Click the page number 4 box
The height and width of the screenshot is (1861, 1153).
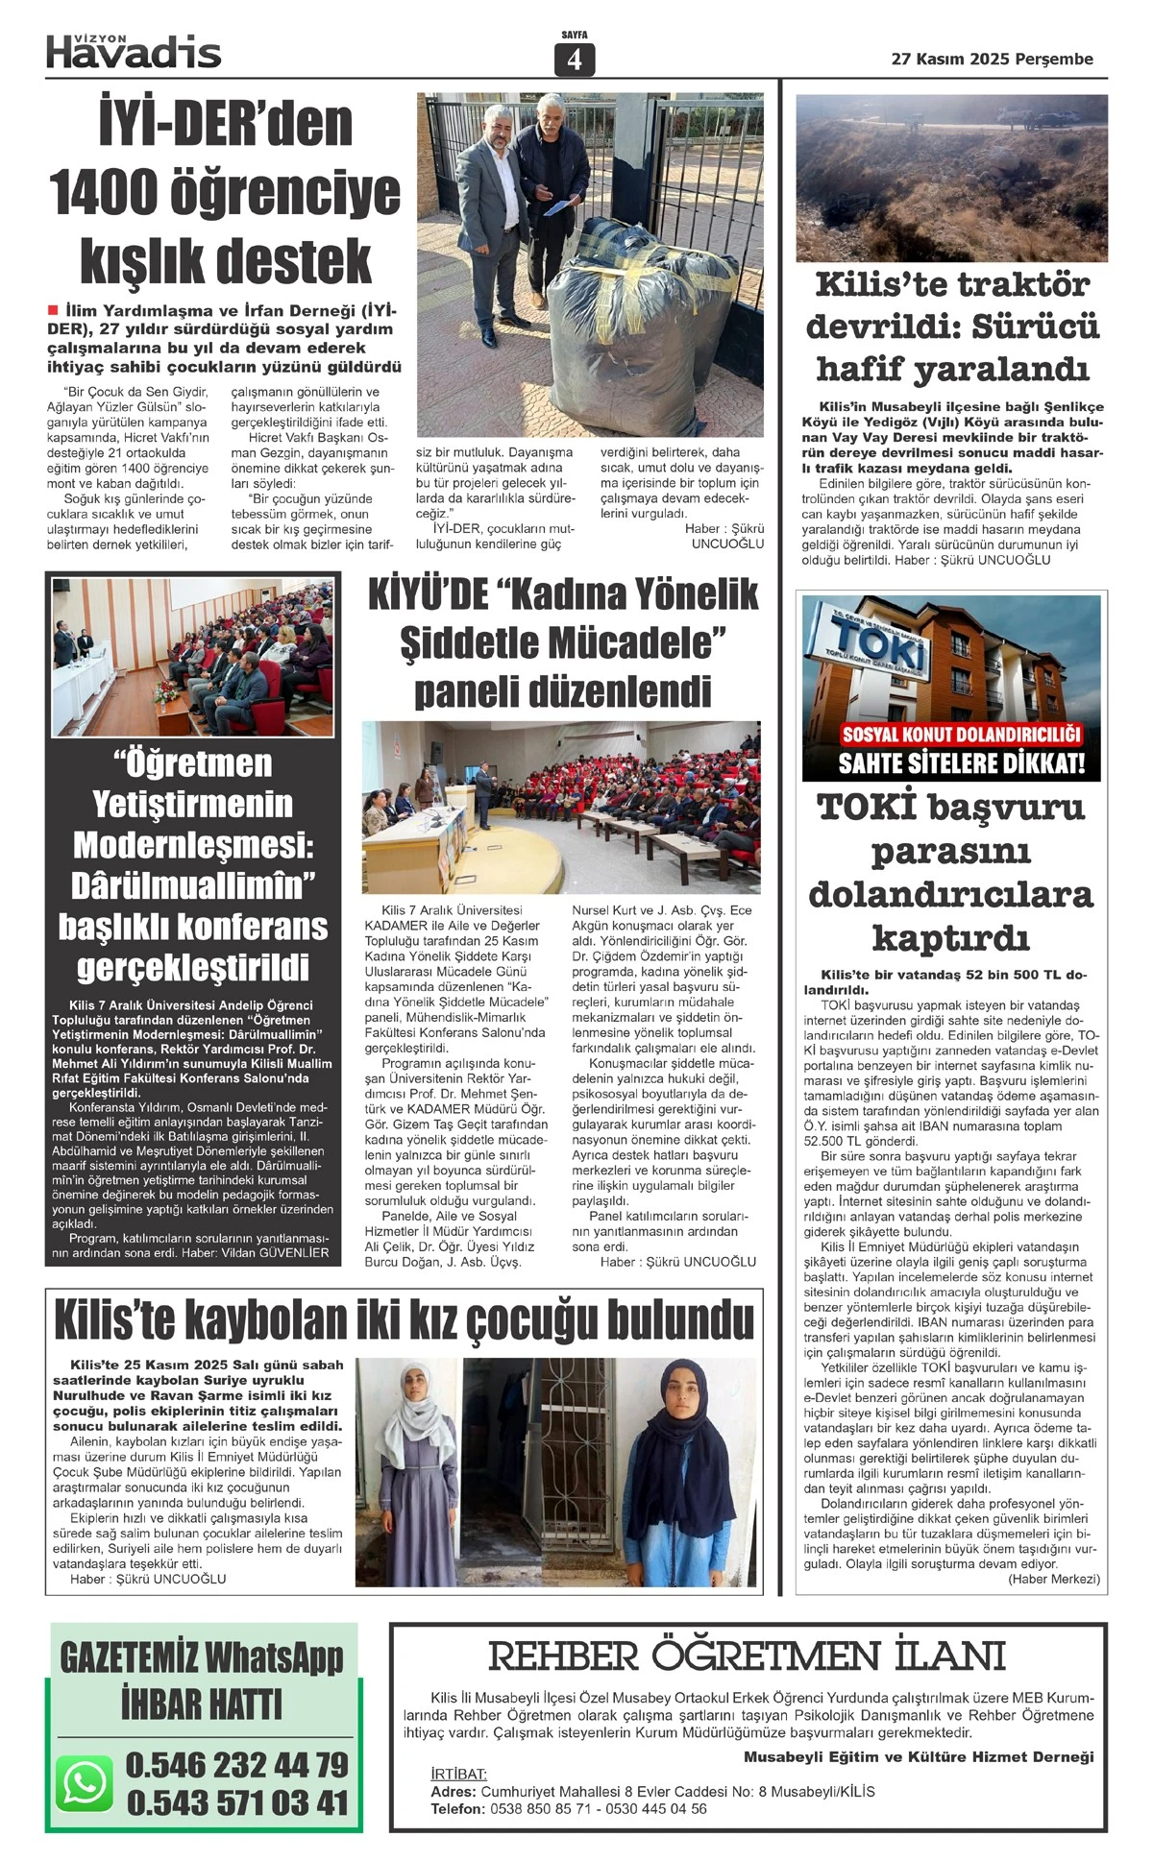575,60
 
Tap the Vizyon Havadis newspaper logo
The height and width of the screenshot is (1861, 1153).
134,51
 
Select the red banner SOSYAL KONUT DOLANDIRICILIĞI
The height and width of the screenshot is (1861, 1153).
961,736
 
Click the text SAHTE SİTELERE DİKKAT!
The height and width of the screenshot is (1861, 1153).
961,764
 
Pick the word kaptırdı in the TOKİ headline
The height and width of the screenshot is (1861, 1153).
950,937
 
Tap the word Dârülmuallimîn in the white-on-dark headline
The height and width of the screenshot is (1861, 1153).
193,885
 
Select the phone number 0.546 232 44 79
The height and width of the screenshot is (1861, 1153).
236,1764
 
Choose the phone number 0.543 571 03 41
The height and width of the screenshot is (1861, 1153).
236,1802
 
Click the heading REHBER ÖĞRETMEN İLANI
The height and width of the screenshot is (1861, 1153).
747,1656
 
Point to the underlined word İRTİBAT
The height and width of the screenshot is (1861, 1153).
459,1774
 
